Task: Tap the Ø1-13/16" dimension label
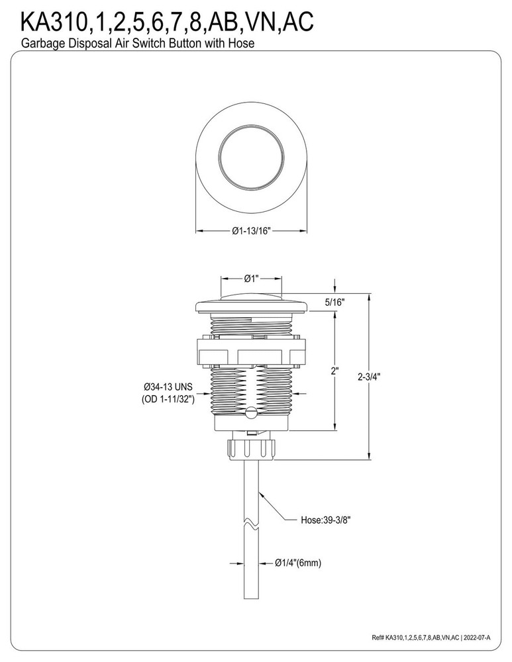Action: click(x=252, y=231)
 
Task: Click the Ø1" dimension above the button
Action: click(x=251, y=278)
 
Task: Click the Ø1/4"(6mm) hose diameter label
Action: click(x=298, y=563)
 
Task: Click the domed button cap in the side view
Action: click(x=251, y=296)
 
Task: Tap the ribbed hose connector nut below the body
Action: click(x=251, y=448)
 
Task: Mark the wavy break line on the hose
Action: click(x=251, y=526)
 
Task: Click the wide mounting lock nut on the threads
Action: click(x=251, y=350)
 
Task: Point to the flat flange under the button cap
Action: click(x=251, y=306)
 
